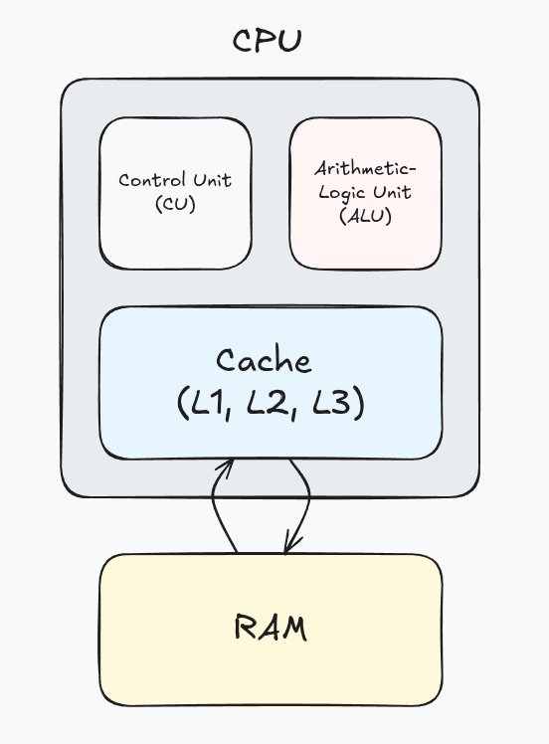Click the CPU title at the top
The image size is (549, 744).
point(267,41)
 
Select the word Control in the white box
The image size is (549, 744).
point(148,181)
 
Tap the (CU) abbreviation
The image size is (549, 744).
point(175,204)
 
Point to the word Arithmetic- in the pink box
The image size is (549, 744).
point(365,168)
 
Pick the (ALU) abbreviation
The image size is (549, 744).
point(365,216)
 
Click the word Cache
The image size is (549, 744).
point(264,360)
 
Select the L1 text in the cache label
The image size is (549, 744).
point(206,404)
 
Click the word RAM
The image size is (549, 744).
point(271,629)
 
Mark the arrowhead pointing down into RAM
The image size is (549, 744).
point(289,545)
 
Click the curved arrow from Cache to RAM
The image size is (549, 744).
point(303,502)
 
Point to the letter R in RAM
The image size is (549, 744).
point(246,629)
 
